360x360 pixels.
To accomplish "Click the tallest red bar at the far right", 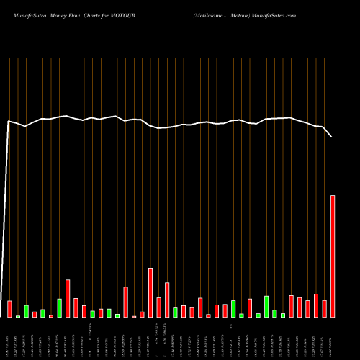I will click(333, 256).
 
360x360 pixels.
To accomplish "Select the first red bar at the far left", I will click(9, 309).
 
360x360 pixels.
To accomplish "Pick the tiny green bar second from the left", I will click(18, 316).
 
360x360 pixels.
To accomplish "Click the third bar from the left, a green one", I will click(26, 311).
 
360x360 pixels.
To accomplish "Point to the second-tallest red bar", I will click(150, 292).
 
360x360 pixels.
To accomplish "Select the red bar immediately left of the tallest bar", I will click(325, 308).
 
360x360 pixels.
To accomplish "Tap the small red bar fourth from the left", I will click(35, 314).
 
